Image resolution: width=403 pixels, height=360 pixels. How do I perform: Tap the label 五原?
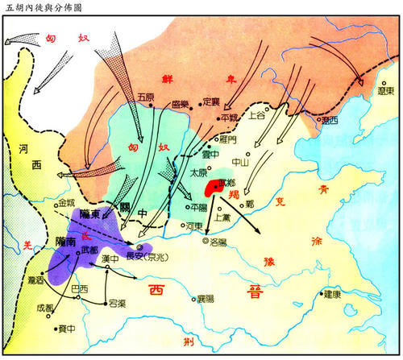click(x=146, y=97)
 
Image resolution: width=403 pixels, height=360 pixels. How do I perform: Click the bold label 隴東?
click(x=91, y=214)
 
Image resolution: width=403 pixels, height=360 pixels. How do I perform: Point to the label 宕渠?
click(x=118, y=303)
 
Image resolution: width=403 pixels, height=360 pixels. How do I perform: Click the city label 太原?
click(x=198, y=172)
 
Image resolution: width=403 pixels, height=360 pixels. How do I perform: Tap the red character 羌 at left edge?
click(x=27, y=245)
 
